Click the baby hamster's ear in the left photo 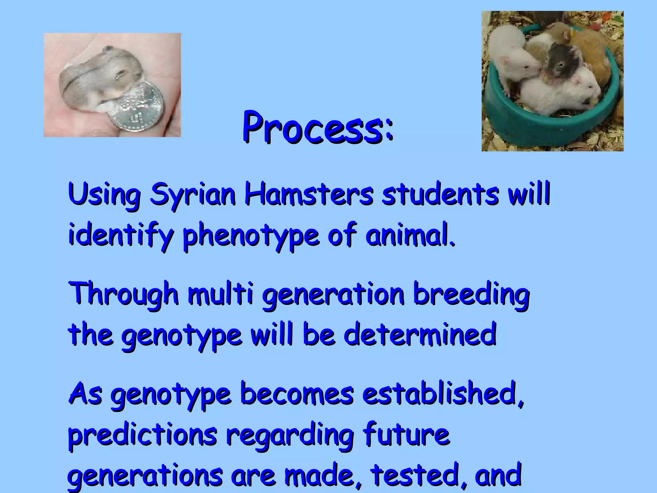pyautogui.click(x=108, y=49)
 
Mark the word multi pyautogui.click(x=220, y=294)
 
